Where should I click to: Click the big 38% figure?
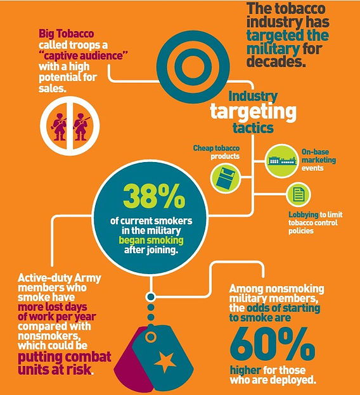(x=154, y=196)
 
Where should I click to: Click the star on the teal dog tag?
(x=165, y=362)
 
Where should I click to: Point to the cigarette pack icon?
(x=225, y=178)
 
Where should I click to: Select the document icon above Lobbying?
(x=299, y=195)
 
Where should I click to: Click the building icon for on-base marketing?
(x=282, y=161)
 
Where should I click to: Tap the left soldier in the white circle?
(x=60, y=127)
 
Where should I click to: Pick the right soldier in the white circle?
(x=80, y=127)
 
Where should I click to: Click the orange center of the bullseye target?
(x=193, y=67)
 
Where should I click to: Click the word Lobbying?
(x=304, y=215)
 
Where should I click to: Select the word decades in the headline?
(x=276, y=61)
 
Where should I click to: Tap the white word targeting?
(x=253, y=112)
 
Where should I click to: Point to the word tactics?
(x=253, y=128)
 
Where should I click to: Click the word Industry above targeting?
(x=253, y=96)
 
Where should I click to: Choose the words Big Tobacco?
(x=67, y=34)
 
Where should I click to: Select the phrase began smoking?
(x=151, y=240)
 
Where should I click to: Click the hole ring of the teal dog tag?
(x=151, y=337)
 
